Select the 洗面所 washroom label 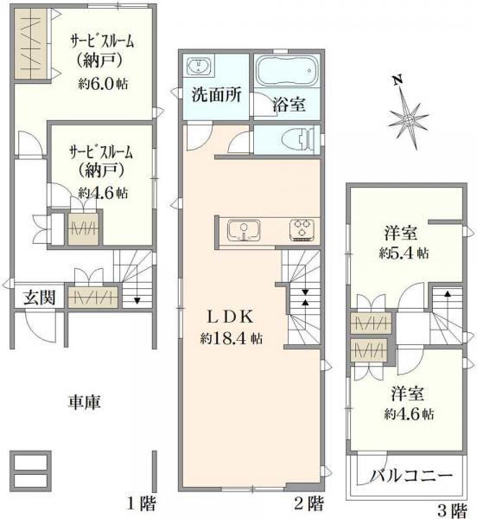pos(215,96)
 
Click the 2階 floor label pos(309,503)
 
